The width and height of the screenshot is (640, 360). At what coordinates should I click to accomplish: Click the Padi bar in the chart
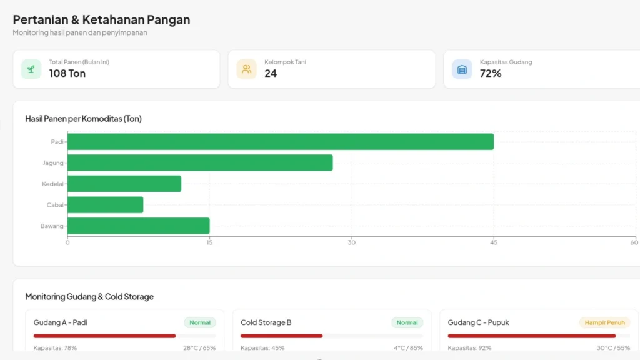tap(281, 142)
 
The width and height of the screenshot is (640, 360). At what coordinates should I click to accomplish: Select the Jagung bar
tap(200, 163)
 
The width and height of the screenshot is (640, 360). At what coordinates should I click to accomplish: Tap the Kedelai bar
tap(124, 184)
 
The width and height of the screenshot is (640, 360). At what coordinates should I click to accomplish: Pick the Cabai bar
tap(106, 205)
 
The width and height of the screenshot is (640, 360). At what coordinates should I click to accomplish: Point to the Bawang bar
tap(139, 226)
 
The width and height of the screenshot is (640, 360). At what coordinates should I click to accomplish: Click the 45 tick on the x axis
tap(494, 242)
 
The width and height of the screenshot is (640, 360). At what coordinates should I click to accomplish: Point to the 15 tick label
tap(209, 242)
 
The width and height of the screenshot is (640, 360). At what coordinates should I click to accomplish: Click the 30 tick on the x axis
tap(352, 242)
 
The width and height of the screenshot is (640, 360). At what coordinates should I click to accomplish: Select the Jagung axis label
tap(53, 163)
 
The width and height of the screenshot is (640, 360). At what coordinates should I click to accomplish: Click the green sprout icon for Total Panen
tap(31, 69)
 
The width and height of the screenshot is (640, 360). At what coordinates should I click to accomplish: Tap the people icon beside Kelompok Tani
tap(246, 69)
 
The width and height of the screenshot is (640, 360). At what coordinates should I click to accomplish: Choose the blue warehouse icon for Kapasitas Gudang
tap(462, 69)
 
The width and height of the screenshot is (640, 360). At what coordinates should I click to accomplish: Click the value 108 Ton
tap(67, 73)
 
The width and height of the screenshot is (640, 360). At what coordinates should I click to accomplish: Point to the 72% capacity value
tap(491, 73)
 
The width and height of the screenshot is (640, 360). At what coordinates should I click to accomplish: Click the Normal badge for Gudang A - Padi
tap(200, 322)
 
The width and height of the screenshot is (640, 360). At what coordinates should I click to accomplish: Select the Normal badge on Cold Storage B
tap(407, 322)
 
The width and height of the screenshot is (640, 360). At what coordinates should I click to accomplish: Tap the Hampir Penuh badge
tap(604, 322)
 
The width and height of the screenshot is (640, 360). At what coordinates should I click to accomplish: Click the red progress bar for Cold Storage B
tap(282, 336)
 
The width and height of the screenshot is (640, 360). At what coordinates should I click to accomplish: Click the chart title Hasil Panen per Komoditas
tap(83, 118)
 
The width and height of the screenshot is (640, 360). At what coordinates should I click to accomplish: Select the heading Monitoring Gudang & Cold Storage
tap(89, 296)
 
